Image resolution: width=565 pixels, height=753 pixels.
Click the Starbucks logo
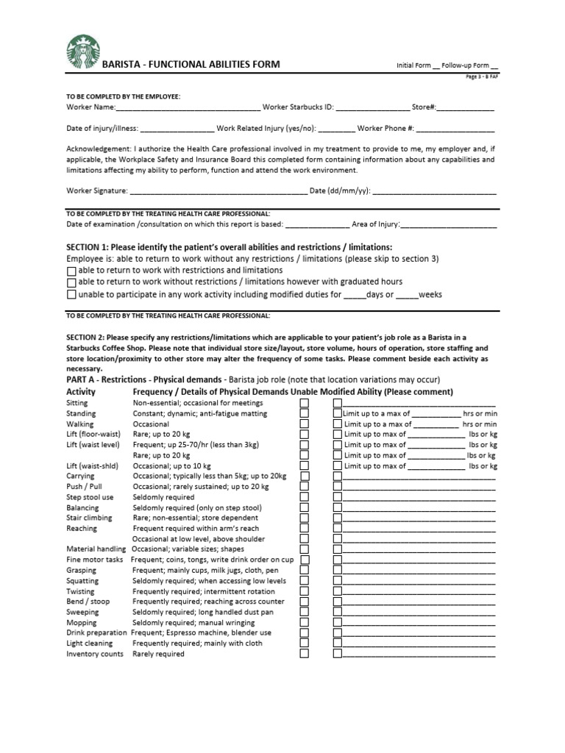point(83,54)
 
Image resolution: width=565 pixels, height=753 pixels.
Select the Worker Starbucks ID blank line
point(372,108)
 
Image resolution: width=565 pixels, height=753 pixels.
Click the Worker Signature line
point(218,192)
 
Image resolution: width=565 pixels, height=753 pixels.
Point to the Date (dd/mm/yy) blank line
point(434,192)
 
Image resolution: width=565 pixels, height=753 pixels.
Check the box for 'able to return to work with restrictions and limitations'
point(71,271)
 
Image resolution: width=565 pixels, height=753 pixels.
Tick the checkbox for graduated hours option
point(71,283)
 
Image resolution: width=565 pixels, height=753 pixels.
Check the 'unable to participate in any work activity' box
point(71,296)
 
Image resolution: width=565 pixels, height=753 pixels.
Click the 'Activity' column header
point(81,392)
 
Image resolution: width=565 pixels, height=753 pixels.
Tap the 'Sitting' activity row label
point(77,403)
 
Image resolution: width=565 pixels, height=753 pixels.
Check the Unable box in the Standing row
point(305,414)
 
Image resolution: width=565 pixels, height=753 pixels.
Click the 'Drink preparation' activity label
point(96,632)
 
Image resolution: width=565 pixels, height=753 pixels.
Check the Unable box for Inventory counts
point(305,654)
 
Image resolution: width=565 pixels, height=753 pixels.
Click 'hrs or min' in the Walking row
point(480,424)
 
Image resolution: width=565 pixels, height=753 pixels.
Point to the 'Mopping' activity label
point(82,622)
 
